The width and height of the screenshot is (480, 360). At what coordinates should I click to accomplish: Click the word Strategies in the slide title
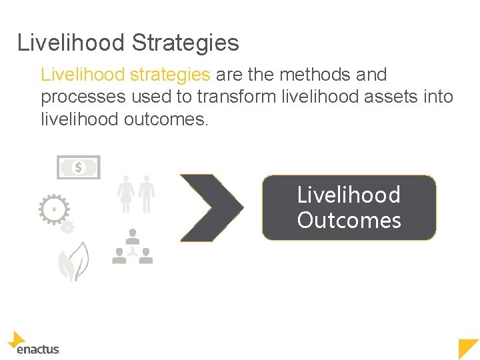tap(185, 43)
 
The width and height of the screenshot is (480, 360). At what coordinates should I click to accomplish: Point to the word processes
tap(83, 97)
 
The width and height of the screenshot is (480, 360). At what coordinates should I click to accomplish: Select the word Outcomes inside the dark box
tap(349, 221)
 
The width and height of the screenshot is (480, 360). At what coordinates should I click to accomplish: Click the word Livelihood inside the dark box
tap(349, 195)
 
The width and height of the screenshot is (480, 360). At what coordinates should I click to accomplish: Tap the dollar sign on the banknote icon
tap(78, 167)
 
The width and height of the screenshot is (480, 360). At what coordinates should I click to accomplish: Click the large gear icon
tap(53, 209)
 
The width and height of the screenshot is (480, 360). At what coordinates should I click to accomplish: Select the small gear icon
tap(67, 227)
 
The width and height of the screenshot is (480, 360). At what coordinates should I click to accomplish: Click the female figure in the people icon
tap(125, 193)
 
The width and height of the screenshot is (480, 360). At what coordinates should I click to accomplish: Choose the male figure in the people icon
tap(147, 193)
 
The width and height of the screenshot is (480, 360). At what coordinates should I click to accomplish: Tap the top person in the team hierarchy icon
tap(133, 235)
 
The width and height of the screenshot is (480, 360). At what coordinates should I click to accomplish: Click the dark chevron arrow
tap(210, 207)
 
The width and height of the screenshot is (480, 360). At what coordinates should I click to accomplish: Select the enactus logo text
tap(39, 349)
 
